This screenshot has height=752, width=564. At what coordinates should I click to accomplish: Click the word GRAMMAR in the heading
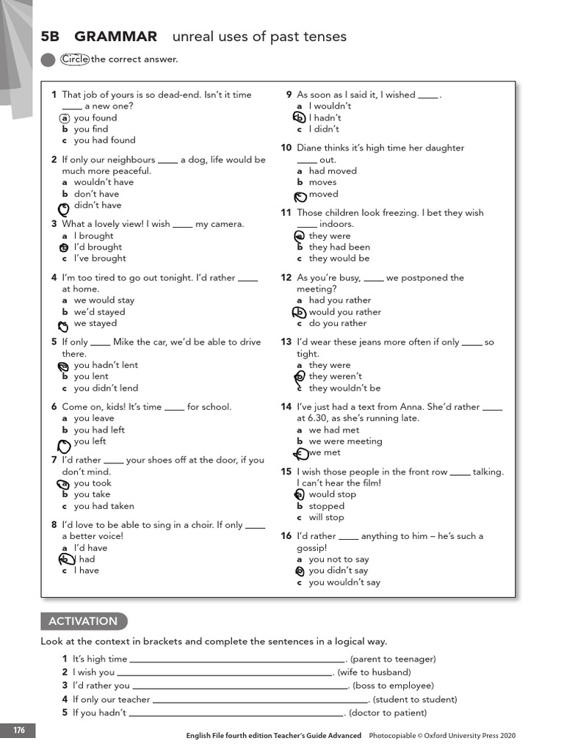115,37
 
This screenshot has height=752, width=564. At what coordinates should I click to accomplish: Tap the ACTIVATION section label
83,621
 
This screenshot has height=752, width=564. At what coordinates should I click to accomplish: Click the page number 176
18,730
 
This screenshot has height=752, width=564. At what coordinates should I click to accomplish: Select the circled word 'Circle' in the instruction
75,59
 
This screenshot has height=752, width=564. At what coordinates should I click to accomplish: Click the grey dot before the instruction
48,60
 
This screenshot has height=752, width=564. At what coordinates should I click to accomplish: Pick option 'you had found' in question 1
104,140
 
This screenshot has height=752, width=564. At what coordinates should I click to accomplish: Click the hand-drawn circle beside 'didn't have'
65,207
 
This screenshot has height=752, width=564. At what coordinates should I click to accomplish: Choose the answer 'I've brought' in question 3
100,258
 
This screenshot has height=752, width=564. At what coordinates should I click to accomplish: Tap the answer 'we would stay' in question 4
104,300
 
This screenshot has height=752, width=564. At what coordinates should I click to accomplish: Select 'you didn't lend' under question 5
106,388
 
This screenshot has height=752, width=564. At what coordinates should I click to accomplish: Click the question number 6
54,407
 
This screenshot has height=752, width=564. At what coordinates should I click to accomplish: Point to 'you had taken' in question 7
104,506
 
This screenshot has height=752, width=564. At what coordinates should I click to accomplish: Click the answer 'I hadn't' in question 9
325,117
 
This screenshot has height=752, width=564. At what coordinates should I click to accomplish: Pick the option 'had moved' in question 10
333,171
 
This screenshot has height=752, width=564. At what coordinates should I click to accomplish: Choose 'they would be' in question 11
339,258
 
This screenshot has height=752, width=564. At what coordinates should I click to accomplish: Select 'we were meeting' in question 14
345,441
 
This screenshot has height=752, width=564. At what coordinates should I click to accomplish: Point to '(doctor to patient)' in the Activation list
387,712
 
